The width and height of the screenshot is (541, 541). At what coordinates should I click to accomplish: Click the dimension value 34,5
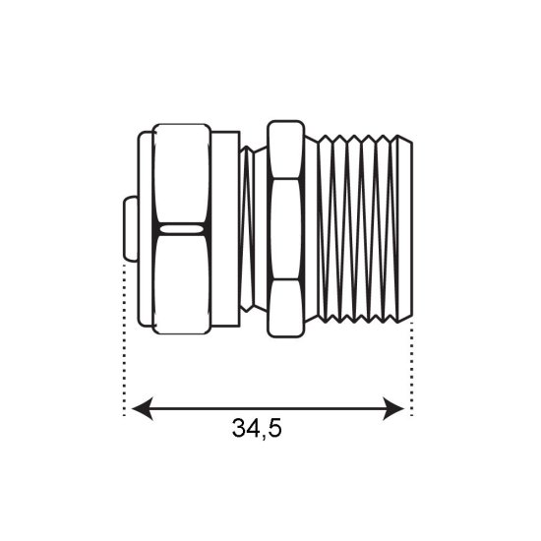(257, 429)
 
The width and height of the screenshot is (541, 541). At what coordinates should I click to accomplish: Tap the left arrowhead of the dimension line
(143, 409)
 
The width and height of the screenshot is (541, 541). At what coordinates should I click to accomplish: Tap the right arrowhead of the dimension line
(393, 409)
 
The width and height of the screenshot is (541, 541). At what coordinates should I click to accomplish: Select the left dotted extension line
(125, 338)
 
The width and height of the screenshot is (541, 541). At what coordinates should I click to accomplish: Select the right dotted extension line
(411, 369)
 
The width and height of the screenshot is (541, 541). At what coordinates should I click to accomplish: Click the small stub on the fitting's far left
(131, 229)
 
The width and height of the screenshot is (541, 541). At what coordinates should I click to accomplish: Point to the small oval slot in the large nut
(181, 229)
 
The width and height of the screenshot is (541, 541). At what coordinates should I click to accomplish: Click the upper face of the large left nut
(182, 173)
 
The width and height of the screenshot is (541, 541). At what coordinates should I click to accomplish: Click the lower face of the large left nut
(182, 284)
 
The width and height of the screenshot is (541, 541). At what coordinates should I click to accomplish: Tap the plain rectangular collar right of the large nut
(225, 229)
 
